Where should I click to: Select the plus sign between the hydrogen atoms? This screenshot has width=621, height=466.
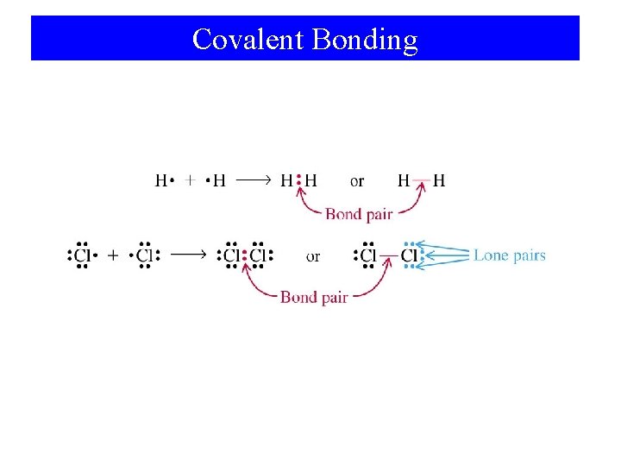(191, 181)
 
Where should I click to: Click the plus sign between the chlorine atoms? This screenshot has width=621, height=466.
(113, 255)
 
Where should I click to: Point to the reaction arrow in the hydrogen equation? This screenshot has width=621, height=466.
(254, 181)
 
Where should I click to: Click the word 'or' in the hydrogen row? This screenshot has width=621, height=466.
(357, 181)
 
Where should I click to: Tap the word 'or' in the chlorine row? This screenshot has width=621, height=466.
(313, 256)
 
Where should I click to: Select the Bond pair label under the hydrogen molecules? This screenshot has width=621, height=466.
(359, 213)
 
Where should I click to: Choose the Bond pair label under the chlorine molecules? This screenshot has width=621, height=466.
(314, 297)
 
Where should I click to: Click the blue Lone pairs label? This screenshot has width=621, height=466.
(510, 255)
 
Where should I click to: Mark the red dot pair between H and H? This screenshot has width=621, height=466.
(298, 181)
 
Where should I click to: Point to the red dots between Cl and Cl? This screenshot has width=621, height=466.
(245, 255)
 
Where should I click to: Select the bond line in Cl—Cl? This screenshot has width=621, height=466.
(389, 255)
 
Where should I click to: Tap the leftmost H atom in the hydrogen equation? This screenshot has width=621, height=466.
(161, 181)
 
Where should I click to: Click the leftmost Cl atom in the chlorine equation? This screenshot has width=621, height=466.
(82, 255)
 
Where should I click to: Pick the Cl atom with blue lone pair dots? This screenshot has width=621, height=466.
(409, 255)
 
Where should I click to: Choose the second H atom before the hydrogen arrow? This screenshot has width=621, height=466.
(219, 181)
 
